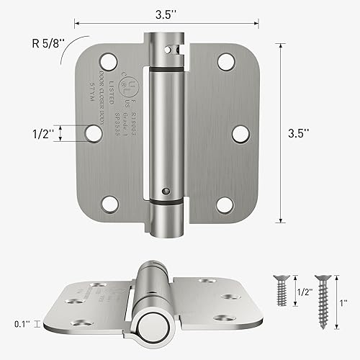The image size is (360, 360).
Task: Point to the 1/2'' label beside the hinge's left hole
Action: click(41, 132)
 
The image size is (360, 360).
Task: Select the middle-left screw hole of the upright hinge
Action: click(93, 132)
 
